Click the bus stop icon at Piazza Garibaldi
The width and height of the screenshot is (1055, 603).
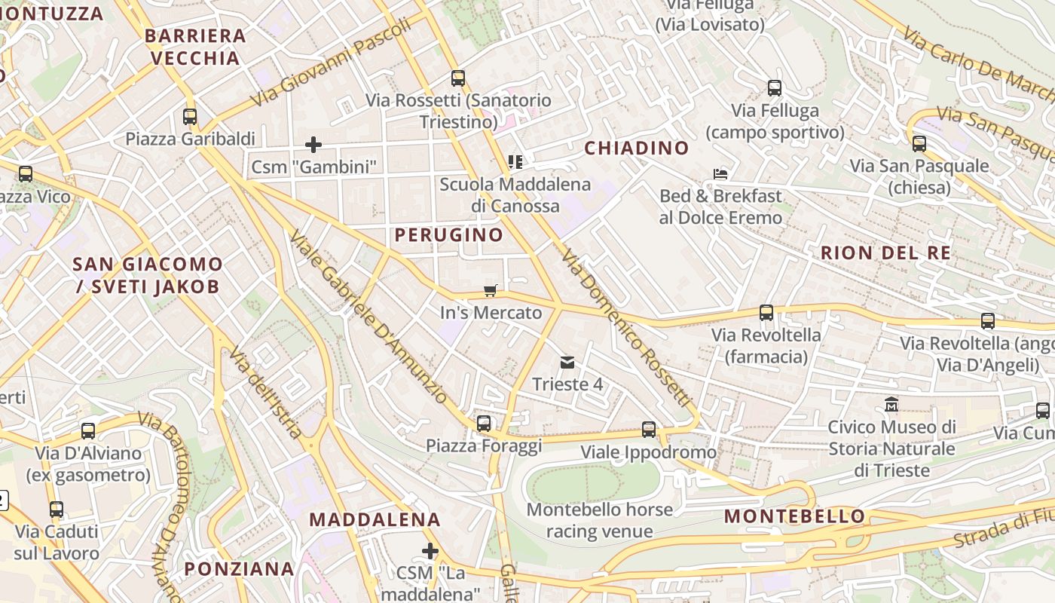190,117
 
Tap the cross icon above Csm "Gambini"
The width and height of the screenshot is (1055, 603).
313,144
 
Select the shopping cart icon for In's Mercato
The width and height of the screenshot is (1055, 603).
491,290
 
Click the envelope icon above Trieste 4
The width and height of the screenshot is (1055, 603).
567,363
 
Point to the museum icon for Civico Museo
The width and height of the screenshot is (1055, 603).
891,405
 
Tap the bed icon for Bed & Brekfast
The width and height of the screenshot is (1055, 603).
720,174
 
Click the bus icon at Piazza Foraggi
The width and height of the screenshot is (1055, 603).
484,424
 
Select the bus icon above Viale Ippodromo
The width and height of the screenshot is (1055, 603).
649,430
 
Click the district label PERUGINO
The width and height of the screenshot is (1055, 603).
449,235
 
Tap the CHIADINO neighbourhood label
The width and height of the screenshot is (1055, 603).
637,148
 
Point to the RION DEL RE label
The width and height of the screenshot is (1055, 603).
885,253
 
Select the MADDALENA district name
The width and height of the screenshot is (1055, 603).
375,519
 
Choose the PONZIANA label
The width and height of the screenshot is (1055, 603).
239,568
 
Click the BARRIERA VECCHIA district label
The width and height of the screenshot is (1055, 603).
195,47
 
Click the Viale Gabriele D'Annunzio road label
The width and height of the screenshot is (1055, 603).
368,317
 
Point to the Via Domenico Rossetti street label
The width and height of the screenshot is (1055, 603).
625,328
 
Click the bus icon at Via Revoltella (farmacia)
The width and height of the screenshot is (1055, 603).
766,313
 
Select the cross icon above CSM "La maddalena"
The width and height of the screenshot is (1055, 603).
430,551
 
